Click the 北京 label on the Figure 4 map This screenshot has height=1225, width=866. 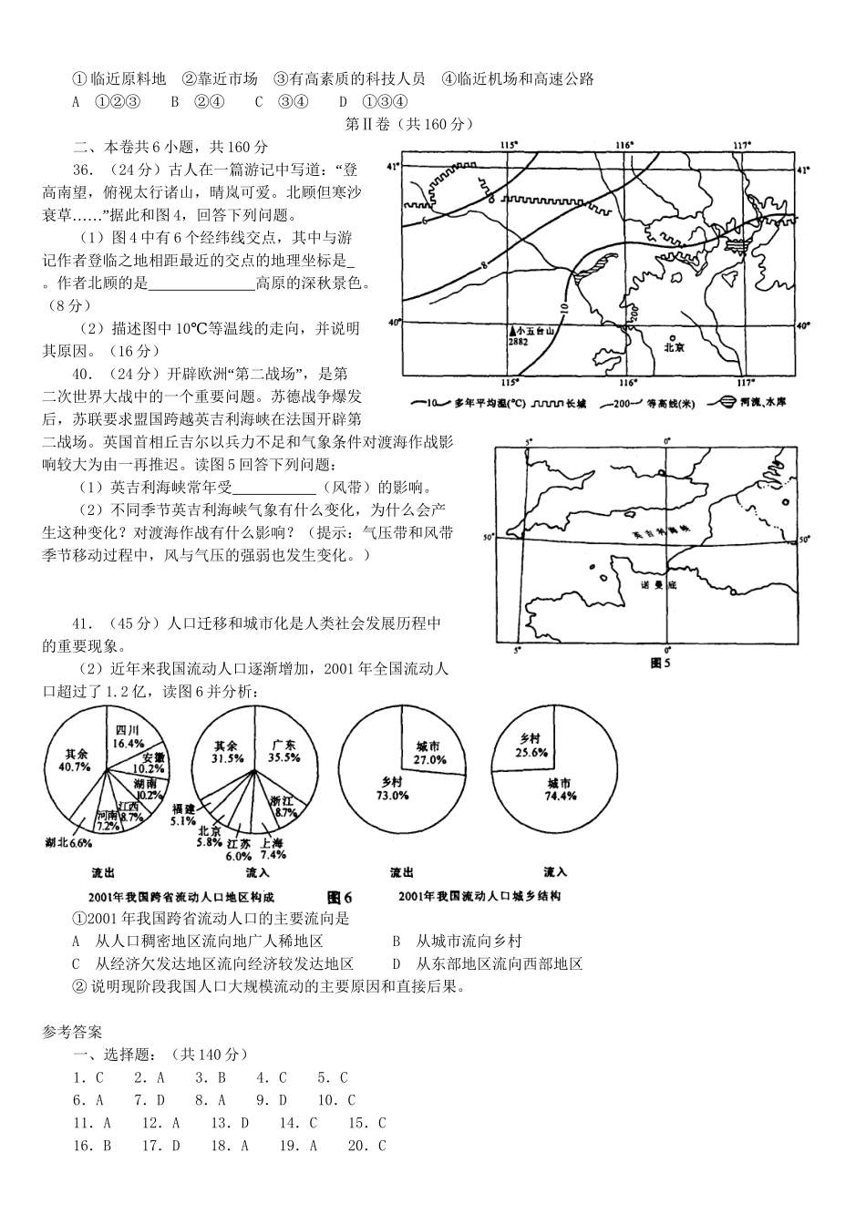674,346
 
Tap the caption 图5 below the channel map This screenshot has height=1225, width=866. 660,663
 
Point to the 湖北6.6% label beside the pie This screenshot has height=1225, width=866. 68,843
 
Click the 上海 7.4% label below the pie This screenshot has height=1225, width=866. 273,849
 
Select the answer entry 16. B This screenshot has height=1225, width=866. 92,1146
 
